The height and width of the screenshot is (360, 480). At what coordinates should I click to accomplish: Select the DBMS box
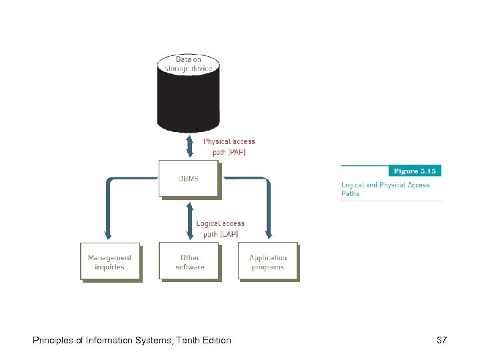click(188, 178)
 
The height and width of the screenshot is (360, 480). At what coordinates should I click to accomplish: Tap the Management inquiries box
click(110, 261)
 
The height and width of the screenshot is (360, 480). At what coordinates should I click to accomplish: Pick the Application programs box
click(267, 261)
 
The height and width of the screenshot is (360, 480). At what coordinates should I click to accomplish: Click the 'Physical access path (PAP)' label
click(229, 146)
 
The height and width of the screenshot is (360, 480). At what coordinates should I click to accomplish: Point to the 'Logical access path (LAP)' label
click(220, 229)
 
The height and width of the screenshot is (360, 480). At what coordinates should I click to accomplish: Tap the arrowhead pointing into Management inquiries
click(108, 235)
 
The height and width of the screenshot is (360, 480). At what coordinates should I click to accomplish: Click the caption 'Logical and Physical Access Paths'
click(385, 189)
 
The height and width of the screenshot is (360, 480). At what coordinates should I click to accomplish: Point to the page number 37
click(441, 341)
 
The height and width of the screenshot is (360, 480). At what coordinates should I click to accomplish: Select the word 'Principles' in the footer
click(53, 341)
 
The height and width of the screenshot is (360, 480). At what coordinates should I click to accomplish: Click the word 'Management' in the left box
click(110, 257)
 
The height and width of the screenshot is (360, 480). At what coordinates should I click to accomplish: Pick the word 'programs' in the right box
click(267, 267)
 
